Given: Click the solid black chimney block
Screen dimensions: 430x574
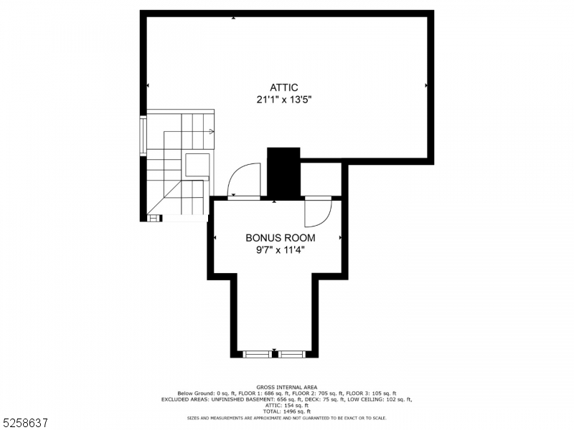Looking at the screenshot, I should [x=283, y=172].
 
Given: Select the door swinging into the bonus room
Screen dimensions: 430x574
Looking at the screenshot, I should [x=316, y=211].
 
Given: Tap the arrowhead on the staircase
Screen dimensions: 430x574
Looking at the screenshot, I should [x=212, y=132].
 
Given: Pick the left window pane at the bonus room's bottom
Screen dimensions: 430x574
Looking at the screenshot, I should [x=255, y=354].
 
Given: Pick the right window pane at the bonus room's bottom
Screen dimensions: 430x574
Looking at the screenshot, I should [x=291, y=354].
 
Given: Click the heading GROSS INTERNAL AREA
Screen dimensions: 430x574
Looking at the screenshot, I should [x=286, y=387].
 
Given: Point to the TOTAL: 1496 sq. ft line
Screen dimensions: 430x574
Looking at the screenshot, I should [x=286, y=411].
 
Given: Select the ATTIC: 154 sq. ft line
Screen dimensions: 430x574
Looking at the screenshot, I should [x=286, y=405].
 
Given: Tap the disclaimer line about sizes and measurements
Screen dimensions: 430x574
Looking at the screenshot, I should [x=286, y=417].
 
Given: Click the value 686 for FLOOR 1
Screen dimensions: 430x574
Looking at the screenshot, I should [x=276, y=393].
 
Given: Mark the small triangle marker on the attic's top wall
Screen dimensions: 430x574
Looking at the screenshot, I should [x=233, y=17].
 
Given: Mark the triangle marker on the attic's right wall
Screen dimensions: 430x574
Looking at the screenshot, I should [x=426, y=85].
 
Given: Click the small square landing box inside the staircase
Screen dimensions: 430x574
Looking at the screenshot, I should [x=197, y=165].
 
